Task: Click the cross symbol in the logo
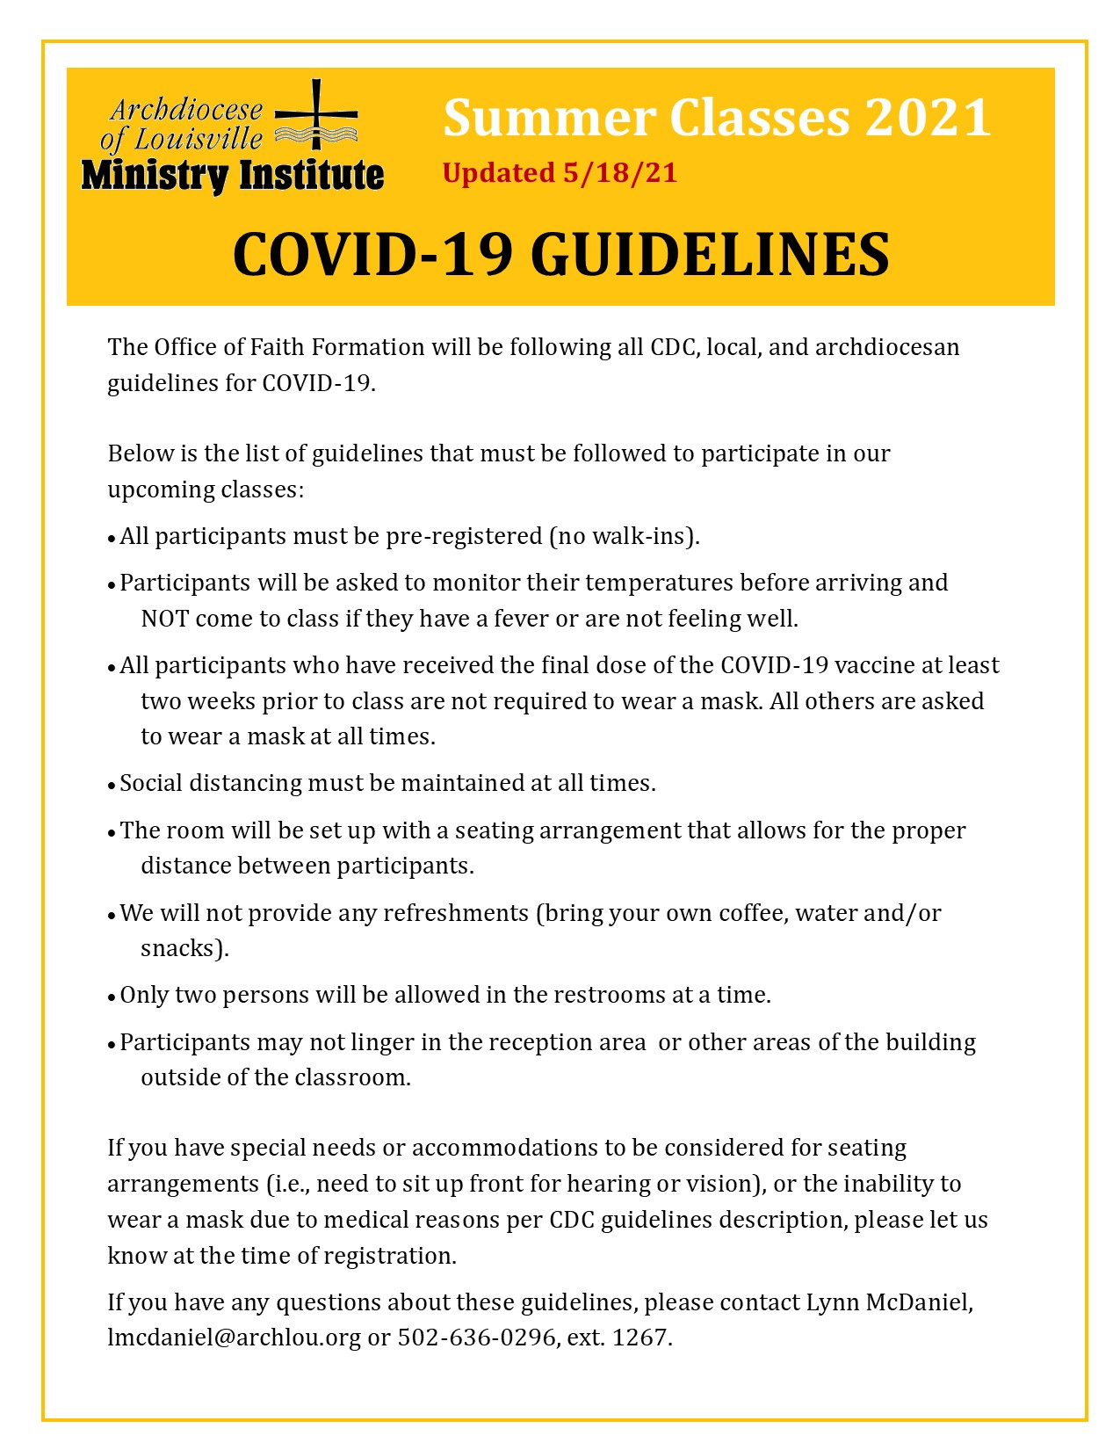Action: point(316,115)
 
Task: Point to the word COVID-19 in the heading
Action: point(372,255)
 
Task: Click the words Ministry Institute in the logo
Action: point(233,175)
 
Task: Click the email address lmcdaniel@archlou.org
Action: point(234,1338)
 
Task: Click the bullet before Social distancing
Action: point(112,785)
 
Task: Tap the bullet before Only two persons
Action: point(112,997)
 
